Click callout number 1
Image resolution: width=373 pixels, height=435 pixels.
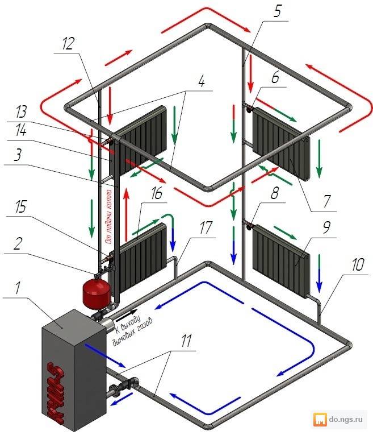18,287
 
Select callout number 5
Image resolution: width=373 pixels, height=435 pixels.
277,11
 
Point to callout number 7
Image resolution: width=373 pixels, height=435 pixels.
327,201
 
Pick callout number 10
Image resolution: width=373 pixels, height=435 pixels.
358,264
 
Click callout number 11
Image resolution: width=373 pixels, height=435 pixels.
186,341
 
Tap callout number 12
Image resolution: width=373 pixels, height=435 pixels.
68,44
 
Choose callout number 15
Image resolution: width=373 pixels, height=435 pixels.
21,206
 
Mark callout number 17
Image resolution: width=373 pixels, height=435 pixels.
206,227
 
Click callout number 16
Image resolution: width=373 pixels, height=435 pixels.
157,193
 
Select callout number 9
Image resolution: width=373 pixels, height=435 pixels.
327,227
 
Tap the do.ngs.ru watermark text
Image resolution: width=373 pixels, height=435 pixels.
346,419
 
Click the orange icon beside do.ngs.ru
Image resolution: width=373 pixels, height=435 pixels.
320,420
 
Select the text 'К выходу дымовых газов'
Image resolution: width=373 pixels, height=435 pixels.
132,331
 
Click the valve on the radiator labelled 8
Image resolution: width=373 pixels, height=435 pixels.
249,225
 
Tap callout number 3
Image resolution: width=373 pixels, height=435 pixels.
18,155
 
